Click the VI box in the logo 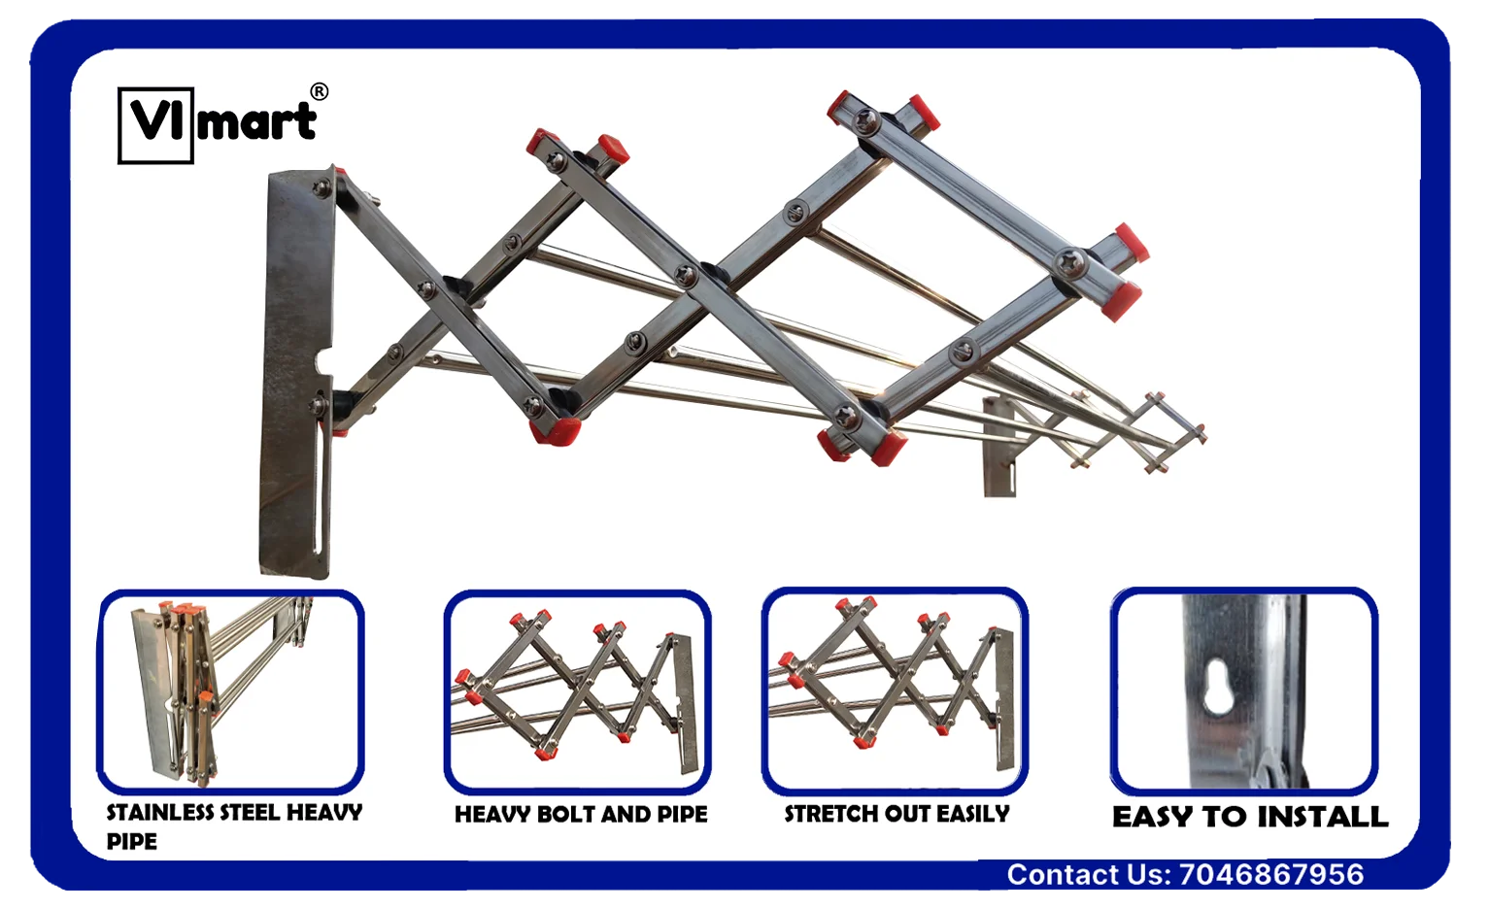click(155, 125)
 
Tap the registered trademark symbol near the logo click(319, 91)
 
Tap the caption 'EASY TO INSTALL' click(1250, 817)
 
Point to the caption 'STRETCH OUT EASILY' click(897, 814)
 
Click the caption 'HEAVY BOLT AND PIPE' click(581, 814)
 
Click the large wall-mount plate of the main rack click(296, 372)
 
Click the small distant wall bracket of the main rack click(999, 447)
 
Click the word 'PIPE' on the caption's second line click(132, 842)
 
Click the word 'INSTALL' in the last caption click(1322, 817)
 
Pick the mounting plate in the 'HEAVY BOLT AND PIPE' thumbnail click(686, 705)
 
